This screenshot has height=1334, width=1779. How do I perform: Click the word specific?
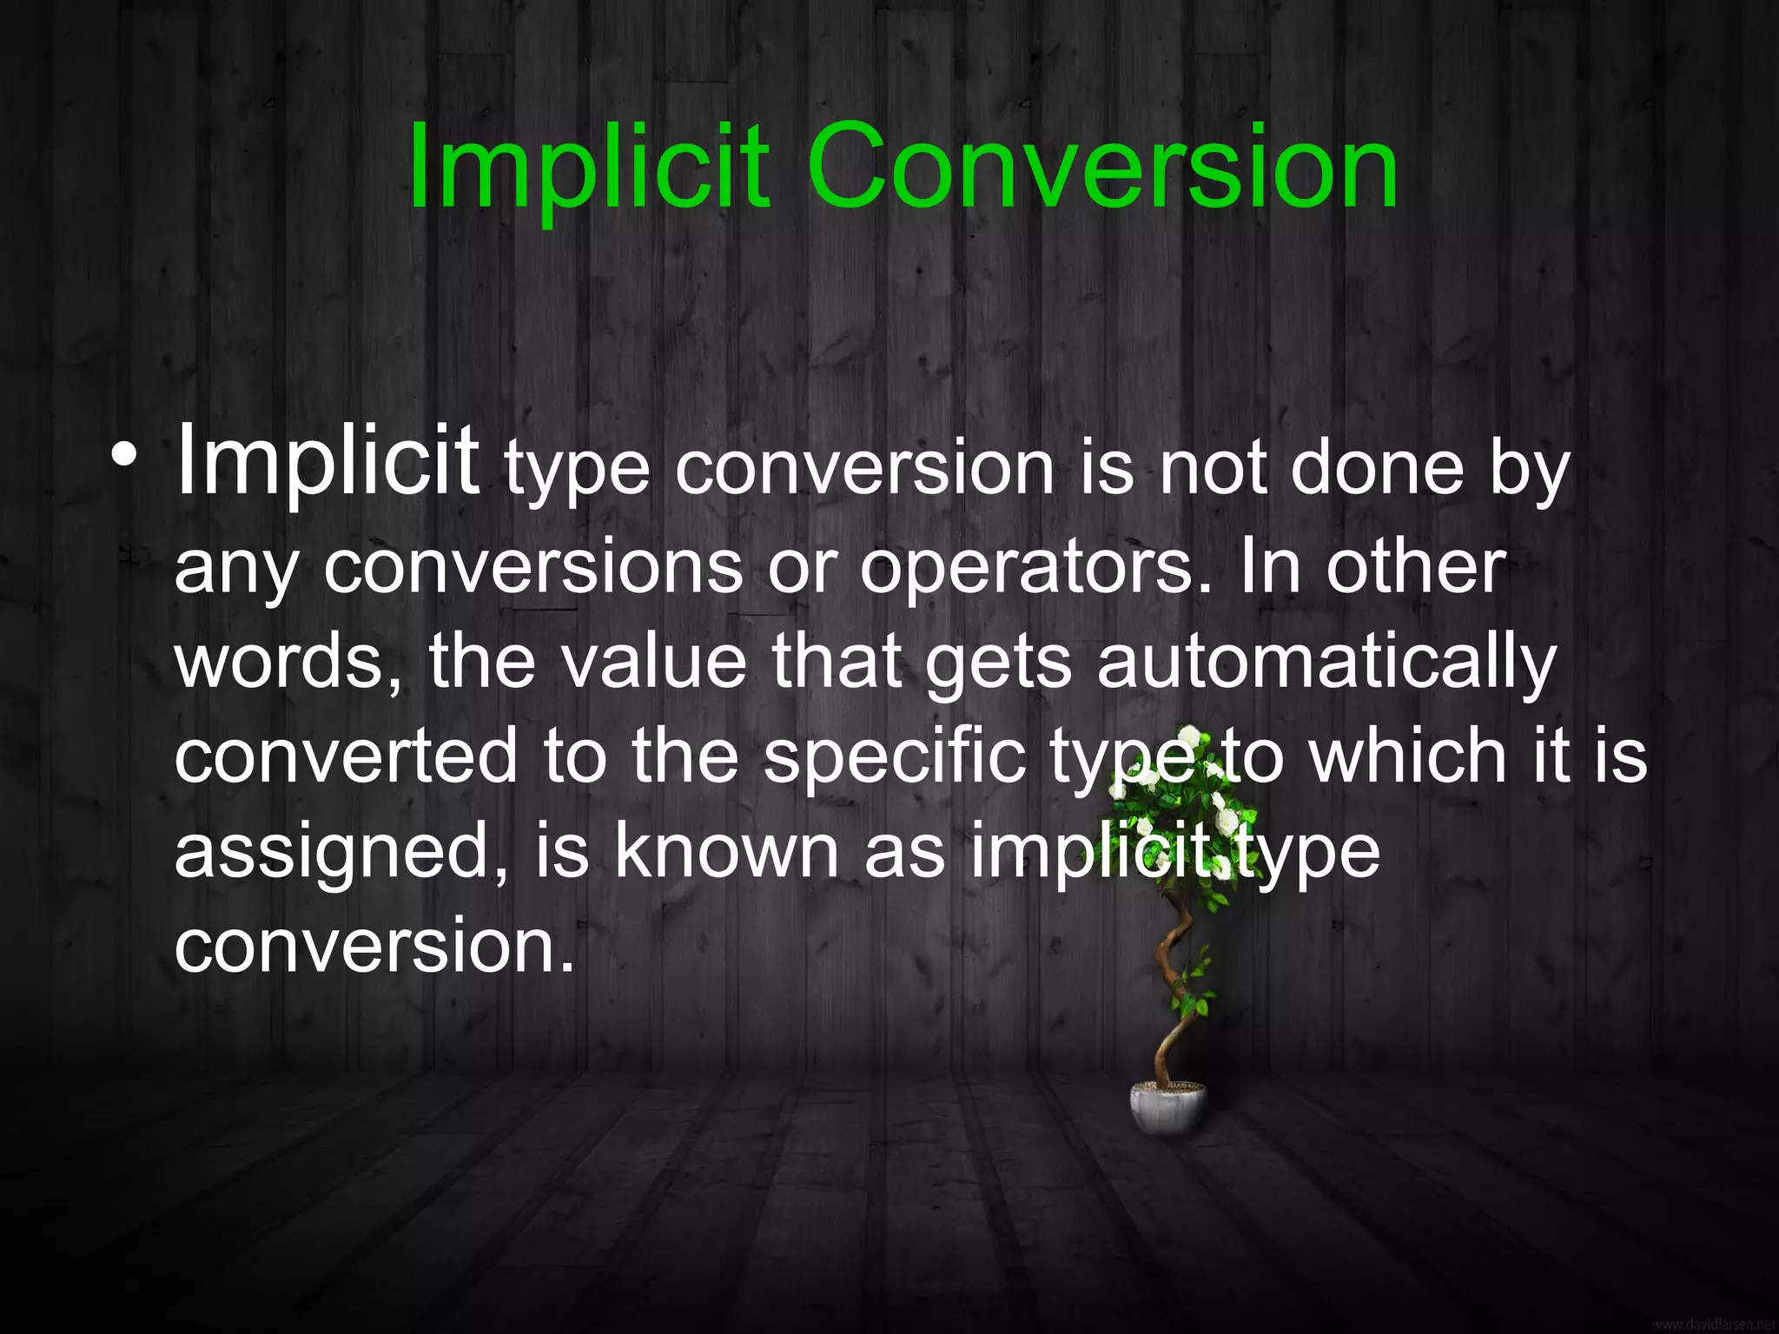click(x=895, y=757)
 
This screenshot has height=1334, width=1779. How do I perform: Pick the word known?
click(x=726, y=853)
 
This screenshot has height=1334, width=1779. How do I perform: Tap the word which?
click(x=1408, y=757)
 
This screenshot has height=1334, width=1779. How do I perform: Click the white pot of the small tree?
click(x=1167, y=1106)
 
